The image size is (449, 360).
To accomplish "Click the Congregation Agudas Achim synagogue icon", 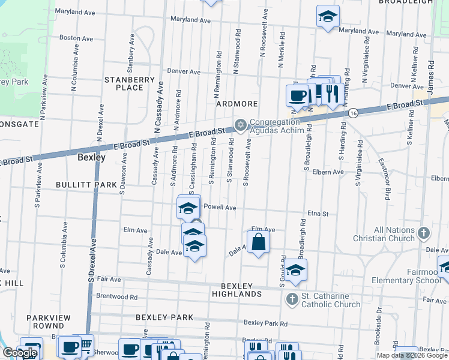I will point(241,125).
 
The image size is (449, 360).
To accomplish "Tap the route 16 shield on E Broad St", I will point(354,113).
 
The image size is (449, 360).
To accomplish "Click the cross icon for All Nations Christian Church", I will point(423,232).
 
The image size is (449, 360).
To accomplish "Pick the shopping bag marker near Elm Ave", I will point(258,242).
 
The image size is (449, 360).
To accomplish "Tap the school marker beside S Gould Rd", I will point(295,270).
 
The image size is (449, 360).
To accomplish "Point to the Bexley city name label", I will point(91,158).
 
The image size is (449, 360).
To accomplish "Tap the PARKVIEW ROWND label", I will point(49,322).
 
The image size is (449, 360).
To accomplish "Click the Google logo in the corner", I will point(20,353).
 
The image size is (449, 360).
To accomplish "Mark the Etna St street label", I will point(318,213).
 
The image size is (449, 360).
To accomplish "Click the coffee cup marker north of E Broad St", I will point(297,95).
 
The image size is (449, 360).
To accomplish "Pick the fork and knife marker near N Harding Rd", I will point(330,92).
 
